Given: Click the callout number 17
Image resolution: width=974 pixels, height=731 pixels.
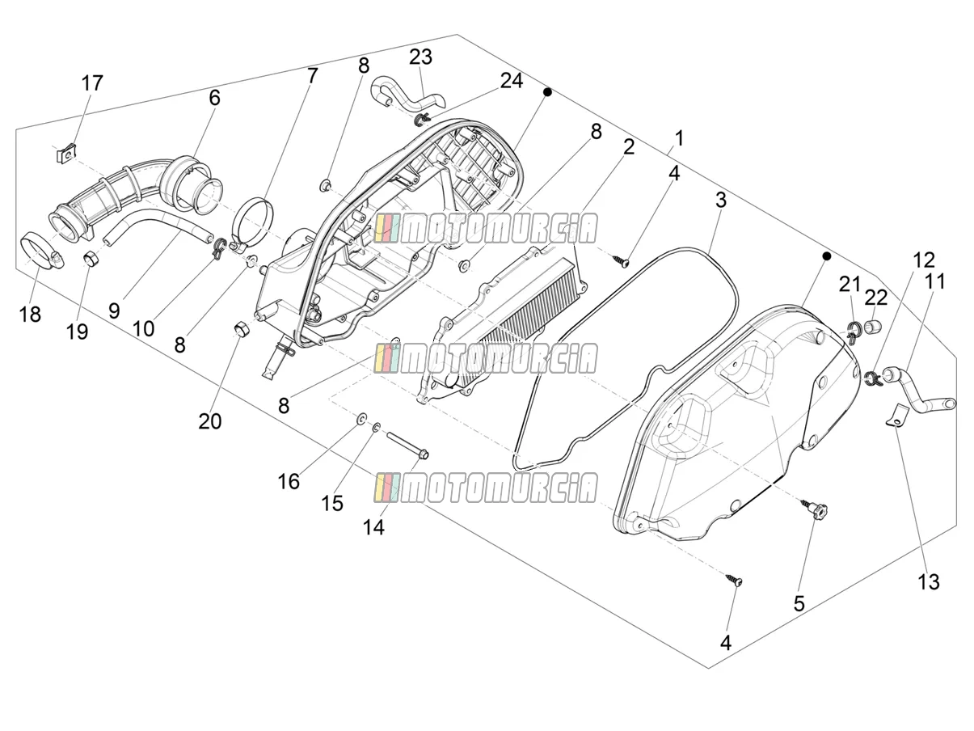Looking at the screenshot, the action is [x=92, y=83].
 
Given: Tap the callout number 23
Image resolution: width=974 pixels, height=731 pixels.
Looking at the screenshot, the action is [x=420, y=57].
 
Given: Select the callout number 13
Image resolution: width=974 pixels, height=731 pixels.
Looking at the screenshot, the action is [x=928, y=582].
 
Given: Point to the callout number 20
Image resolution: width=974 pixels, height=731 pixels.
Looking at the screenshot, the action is [x=210, y=421].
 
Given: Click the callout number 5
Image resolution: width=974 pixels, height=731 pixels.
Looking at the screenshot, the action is [x=799, y=603].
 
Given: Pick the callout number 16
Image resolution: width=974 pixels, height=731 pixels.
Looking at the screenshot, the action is [x=289, y=482].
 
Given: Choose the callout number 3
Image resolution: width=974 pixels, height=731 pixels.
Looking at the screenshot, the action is [x=721, y=201].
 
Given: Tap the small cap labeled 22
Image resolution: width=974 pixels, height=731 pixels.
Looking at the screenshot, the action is [x=872, y=326].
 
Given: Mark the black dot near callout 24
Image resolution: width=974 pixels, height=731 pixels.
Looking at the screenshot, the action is [x=547, y=92].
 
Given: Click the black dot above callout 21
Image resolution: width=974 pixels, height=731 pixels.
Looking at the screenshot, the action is [x=826, y=256].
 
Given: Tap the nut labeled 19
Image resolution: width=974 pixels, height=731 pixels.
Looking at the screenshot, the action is [x=91, y=258].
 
